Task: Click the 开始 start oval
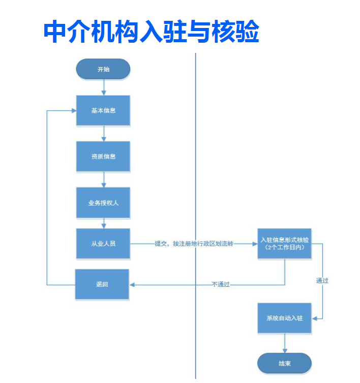pos(103,69)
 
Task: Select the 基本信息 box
pos(103,110)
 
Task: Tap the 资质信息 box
pos(103,156)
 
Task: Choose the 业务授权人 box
pos(103,202)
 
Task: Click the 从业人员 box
pos(103,244)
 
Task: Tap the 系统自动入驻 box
pos(284,318)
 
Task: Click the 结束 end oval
pos(284,364)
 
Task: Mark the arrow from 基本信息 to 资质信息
pos(104,133)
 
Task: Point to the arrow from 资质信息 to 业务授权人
pos(104,179)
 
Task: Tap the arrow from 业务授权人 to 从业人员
pos(104,223)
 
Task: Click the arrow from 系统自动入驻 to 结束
pos(284,343)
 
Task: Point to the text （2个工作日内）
pos(284,247)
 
